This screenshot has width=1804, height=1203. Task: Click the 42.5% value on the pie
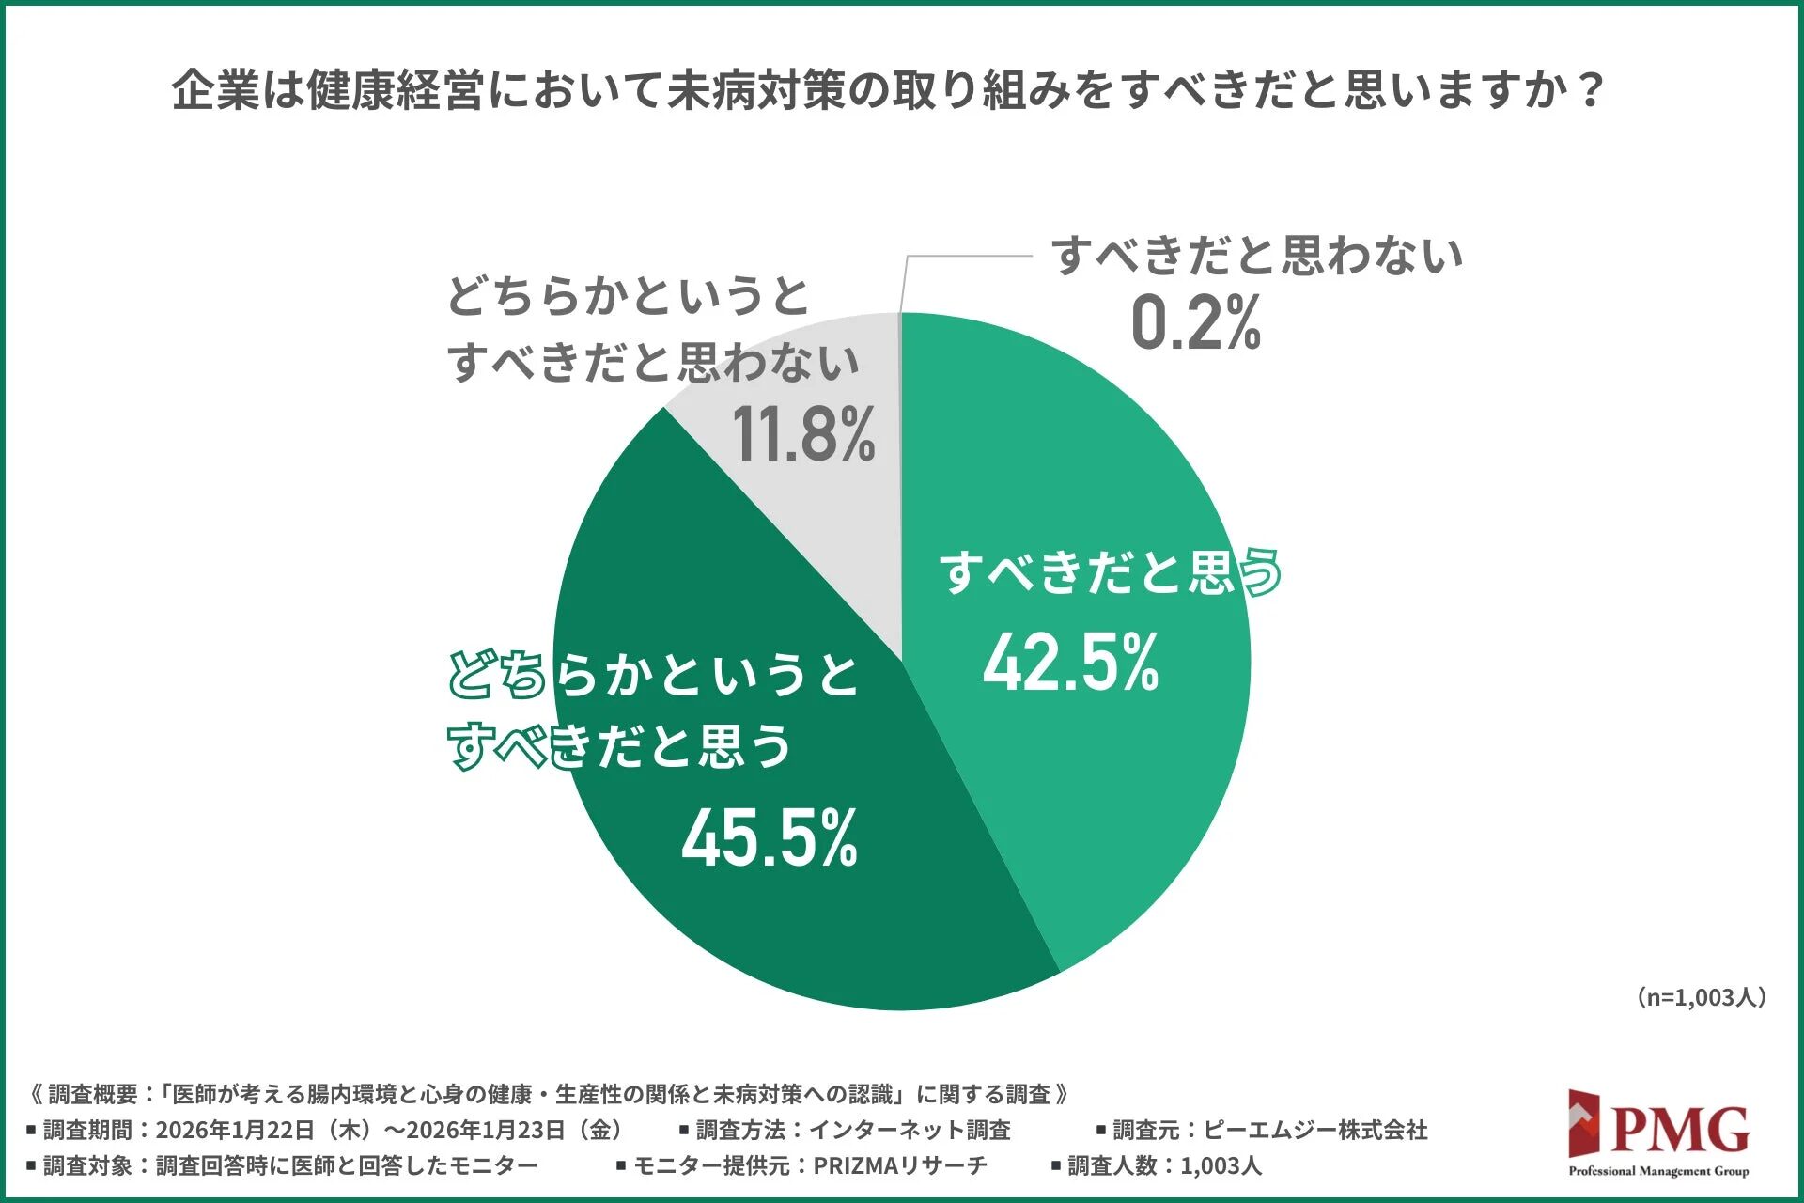[1070, 663]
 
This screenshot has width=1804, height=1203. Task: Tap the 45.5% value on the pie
[769, 837]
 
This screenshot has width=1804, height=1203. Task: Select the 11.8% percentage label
[803, 434]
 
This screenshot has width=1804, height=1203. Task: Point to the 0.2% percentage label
[1195, 322]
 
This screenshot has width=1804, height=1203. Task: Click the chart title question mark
[1590, 91]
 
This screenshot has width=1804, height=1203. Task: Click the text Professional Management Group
[1658, 1171]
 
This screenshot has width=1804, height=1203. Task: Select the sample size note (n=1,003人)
[1701, 997]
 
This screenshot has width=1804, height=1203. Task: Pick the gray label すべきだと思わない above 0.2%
[1256, 256]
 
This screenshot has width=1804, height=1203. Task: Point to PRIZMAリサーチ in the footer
[900, 1165]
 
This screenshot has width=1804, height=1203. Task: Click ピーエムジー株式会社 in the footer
[1315, 1130]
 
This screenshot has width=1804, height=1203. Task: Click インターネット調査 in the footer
[910, 1130]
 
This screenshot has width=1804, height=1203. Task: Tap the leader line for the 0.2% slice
[968, 256]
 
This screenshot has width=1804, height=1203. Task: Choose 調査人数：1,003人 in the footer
[1164, 1165]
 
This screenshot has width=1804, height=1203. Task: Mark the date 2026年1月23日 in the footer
[486, 1130]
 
